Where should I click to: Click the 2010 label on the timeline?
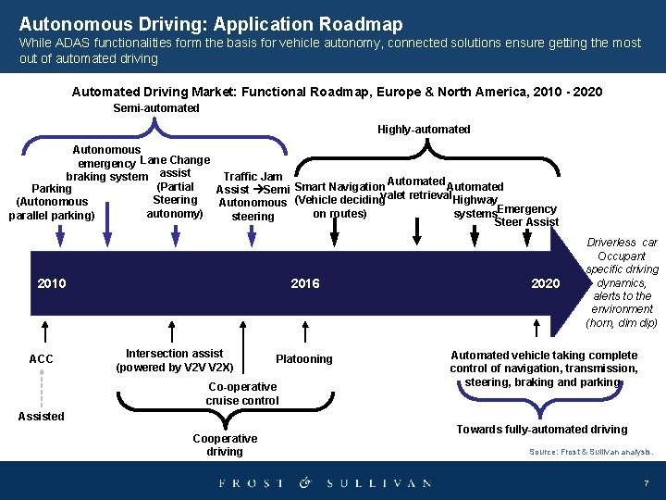[x=52, y=283]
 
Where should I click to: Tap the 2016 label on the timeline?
[x=304, y=283]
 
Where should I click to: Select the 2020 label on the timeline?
[x=545, y=283]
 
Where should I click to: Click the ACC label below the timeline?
[x=41, y=359]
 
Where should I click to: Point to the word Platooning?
[x=303, y=359]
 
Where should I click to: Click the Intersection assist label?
[x=174, y=360]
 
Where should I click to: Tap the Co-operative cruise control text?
[x=242, y=394]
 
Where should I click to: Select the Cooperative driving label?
[x=225, y=445]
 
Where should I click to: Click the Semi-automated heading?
[x=155, y=108]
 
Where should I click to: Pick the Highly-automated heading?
[x=424, y=130]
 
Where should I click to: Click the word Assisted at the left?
[x=41, y=417]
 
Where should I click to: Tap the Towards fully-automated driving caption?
[x=542, y=430]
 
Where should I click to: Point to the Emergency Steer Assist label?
[x=525, y=216]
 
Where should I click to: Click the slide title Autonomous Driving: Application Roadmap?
[x=210, y=23]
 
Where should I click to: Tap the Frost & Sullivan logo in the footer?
[x=325, y=482]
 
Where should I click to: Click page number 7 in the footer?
[x=646, y=483]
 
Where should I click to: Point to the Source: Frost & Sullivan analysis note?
[x=590, y=452]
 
